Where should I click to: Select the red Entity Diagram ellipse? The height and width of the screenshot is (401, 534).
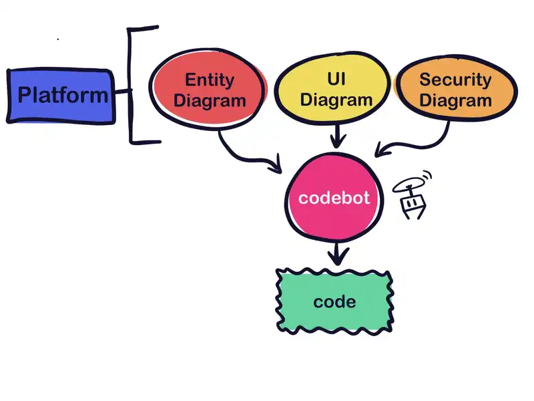click(x=209, y=91)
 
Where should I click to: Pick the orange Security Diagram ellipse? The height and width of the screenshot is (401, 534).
click(x=455, y=91)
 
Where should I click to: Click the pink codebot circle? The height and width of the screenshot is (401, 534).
click(x=334, y=198)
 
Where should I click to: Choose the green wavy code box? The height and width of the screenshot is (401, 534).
click(x=334, y=301)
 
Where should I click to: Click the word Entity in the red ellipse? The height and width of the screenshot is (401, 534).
click(x=209, y=80)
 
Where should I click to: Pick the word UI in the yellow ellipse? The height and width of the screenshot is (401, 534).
click(x=336, y=80)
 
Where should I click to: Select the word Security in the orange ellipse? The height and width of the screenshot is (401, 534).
click(x=455, y=80)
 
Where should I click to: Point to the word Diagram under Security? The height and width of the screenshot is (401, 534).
click(x=455, y=102)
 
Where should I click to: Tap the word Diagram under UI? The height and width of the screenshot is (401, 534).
click(x=336, y=101)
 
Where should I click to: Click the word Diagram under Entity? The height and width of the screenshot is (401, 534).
click(x=209, y=102)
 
